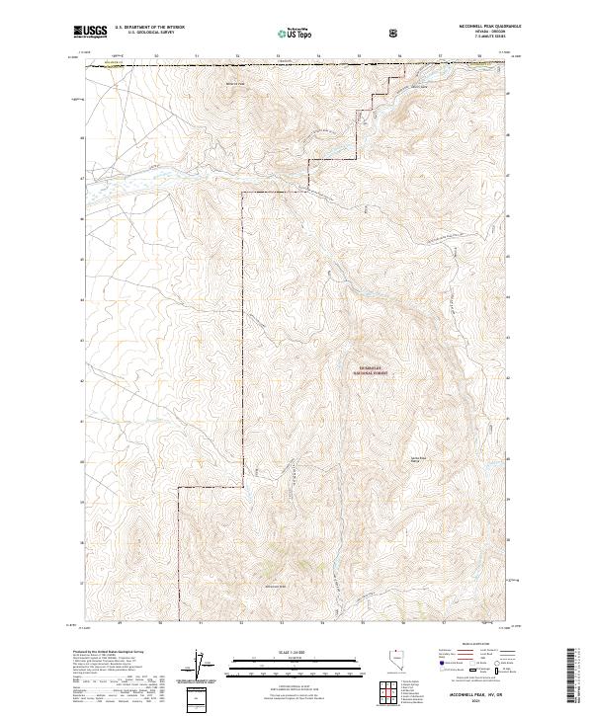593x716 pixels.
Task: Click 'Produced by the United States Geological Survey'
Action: [x=109, y=653]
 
